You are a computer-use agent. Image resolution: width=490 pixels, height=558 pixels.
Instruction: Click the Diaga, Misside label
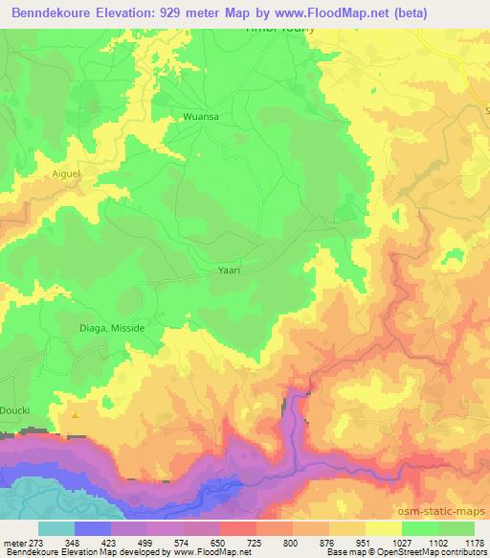[x=112, y=327]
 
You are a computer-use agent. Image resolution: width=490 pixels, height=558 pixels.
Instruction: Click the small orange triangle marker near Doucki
[x=76, y=414]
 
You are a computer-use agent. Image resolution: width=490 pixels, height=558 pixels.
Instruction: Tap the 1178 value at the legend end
[x=473, y=543]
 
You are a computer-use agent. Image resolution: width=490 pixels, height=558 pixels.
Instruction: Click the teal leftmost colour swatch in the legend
[x=56, y=528]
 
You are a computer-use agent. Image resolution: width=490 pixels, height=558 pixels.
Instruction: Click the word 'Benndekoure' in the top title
[x=56, y=11]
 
